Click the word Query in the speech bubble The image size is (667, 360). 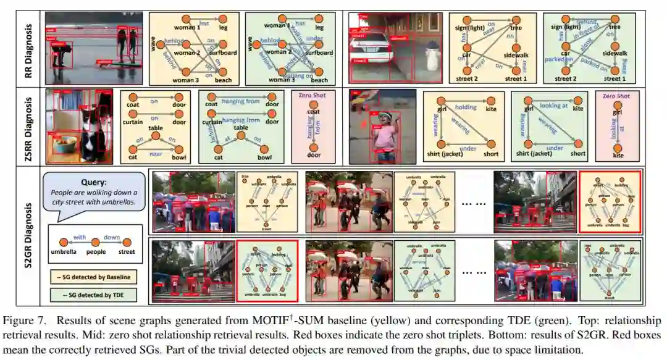click(94, 182)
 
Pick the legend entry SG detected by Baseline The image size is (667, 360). click(94, 277)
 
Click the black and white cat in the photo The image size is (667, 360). click(89, 136)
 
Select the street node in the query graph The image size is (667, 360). click(127, 243)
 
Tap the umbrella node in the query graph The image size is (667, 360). click(61, 243)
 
